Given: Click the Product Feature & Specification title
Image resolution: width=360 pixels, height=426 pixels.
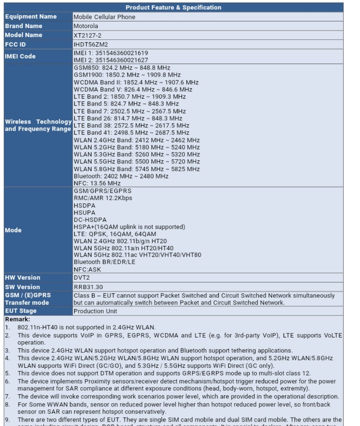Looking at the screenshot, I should [173, 7].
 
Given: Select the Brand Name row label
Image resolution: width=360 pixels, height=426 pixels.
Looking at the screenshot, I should [24, 26].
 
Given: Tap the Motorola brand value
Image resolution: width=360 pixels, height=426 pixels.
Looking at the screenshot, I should [86, 26].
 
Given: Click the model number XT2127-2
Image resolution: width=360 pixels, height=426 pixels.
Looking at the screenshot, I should [87, 35].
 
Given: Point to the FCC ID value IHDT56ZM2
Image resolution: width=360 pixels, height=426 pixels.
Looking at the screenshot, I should [91, 45].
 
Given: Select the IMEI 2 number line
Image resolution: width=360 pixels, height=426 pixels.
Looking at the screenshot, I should [111, 60].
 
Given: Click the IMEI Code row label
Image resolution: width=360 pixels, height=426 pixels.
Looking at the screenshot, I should [20, 56].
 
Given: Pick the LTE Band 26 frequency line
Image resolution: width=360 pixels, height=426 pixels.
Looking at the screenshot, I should [128, 118].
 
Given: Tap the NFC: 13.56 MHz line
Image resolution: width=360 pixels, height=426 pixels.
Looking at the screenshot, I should [97, 183].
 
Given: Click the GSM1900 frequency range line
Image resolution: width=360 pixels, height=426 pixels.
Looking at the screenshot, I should [127, 75].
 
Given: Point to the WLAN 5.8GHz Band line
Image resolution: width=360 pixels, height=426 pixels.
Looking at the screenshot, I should [137, 169].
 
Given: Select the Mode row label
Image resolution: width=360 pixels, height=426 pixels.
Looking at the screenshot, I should [13, 230].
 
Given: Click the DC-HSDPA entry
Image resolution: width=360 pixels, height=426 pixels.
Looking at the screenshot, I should [90, 220].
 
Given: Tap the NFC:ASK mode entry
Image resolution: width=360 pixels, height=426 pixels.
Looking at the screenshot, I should [87, 269].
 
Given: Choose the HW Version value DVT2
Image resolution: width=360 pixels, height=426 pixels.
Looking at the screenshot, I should [82, 278].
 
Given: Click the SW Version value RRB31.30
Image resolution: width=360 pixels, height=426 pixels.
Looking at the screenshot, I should [88, 287].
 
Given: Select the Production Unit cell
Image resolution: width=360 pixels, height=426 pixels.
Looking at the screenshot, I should [95, 311].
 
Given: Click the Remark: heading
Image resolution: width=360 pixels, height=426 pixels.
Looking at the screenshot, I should [17, 319].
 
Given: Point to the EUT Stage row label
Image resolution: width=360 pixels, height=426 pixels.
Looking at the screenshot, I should [21, 311].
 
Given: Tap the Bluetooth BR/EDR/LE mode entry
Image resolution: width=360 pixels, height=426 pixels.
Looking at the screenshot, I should [105, 262].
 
